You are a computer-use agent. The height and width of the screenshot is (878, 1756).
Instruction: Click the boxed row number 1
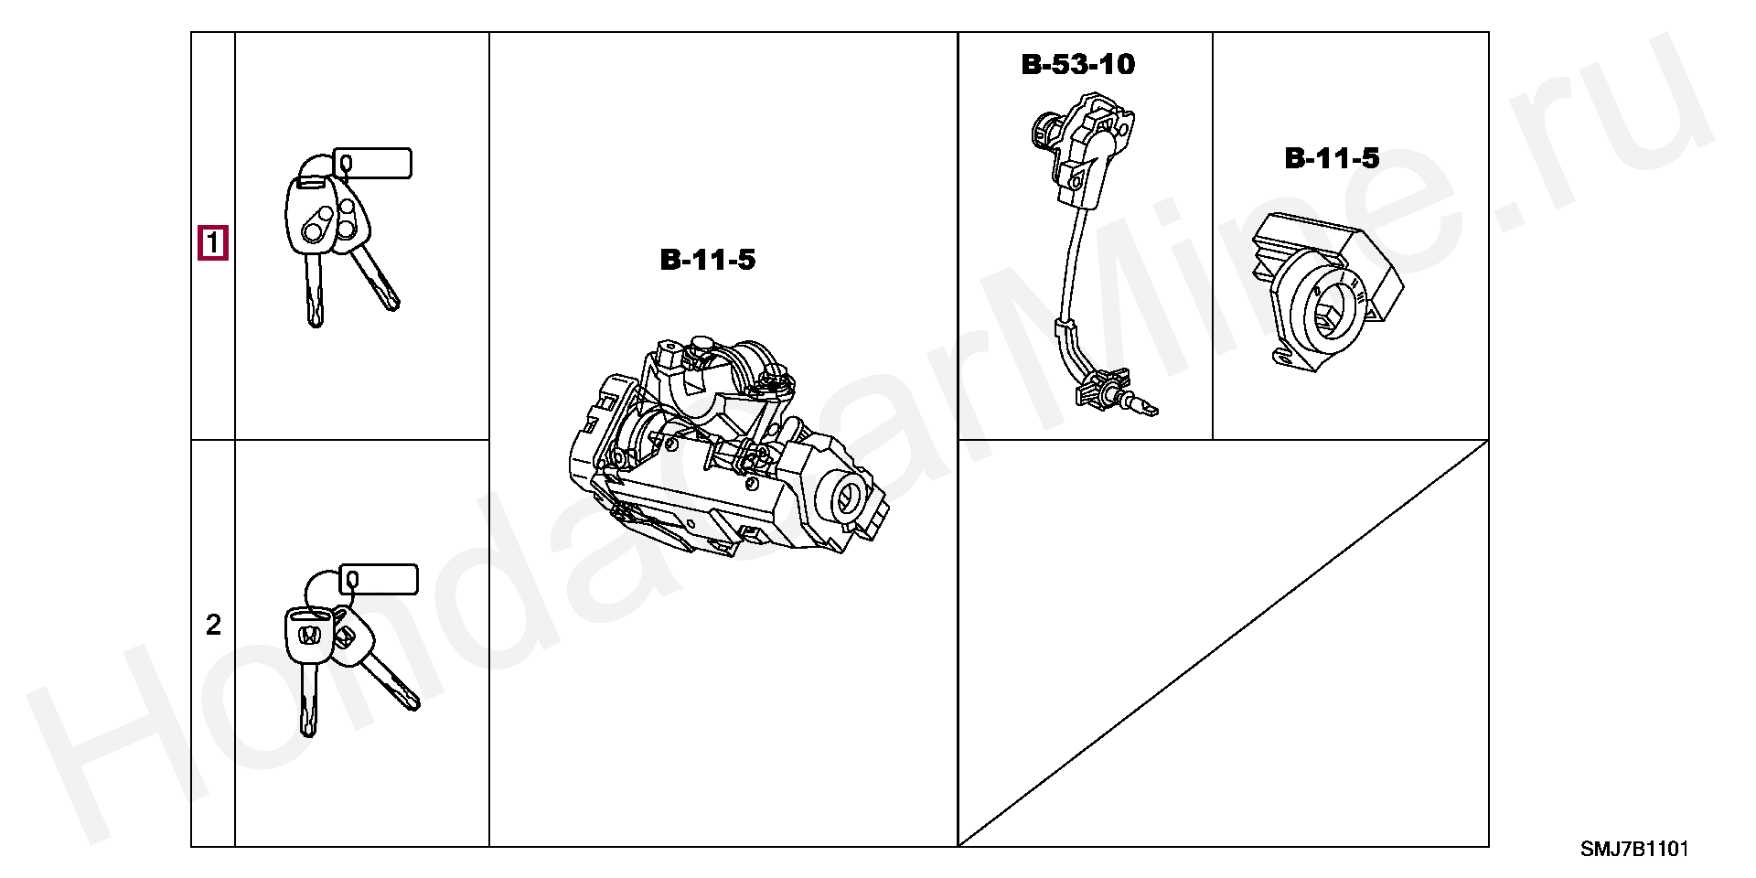[x=212, y=244]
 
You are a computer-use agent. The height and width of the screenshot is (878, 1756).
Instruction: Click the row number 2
[x=213, y=626]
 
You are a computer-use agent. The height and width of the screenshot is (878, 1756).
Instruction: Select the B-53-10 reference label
[x=1078, y=64]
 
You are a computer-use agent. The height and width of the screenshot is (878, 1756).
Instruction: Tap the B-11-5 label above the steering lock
[x=708, y=261]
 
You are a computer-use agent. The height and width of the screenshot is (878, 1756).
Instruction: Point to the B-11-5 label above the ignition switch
[x=1332, y=158]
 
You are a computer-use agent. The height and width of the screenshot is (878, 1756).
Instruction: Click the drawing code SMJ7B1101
[x=1635, y=849]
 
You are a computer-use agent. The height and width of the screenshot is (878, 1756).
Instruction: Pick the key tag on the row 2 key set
[x=379, y=579]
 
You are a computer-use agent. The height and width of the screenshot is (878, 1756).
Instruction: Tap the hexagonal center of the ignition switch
[x=1324, y=319]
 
